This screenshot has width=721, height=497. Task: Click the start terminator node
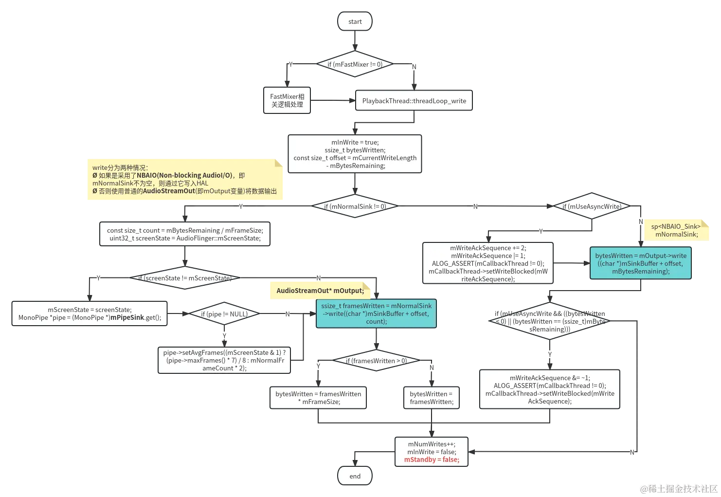click(355, 21)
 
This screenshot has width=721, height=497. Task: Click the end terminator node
click(355, 476)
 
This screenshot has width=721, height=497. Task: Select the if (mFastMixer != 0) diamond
click(355, 64)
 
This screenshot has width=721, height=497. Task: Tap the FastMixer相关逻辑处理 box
click(287, 101)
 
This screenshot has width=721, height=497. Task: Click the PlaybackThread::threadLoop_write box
click(414, 101)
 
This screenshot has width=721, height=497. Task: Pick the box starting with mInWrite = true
click(355, 154)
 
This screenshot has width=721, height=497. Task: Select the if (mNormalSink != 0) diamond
click(355, 206)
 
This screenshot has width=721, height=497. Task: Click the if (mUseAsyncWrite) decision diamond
click(592, 206)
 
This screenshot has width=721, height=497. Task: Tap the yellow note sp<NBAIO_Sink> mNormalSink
click(676, 230)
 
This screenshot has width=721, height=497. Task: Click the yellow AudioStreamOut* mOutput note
click(320, 291)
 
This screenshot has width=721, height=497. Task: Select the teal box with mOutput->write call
click(640, 263)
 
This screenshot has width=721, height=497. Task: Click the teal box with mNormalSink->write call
click(376, 313)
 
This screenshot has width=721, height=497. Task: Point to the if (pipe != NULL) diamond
click(224, 314)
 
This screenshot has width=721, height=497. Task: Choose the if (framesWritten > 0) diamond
click(376, 361)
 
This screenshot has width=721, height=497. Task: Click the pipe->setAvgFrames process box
click(224, 360)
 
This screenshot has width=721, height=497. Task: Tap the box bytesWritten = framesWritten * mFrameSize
click(318, 398)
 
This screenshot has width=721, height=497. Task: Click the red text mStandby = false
click(432, 460)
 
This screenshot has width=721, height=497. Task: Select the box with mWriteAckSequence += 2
click(487, 263)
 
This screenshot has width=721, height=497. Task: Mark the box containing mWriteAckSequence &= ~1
click(550, 389)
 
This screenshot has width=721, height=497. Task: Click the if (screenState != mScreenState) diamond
click(184, 278)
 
